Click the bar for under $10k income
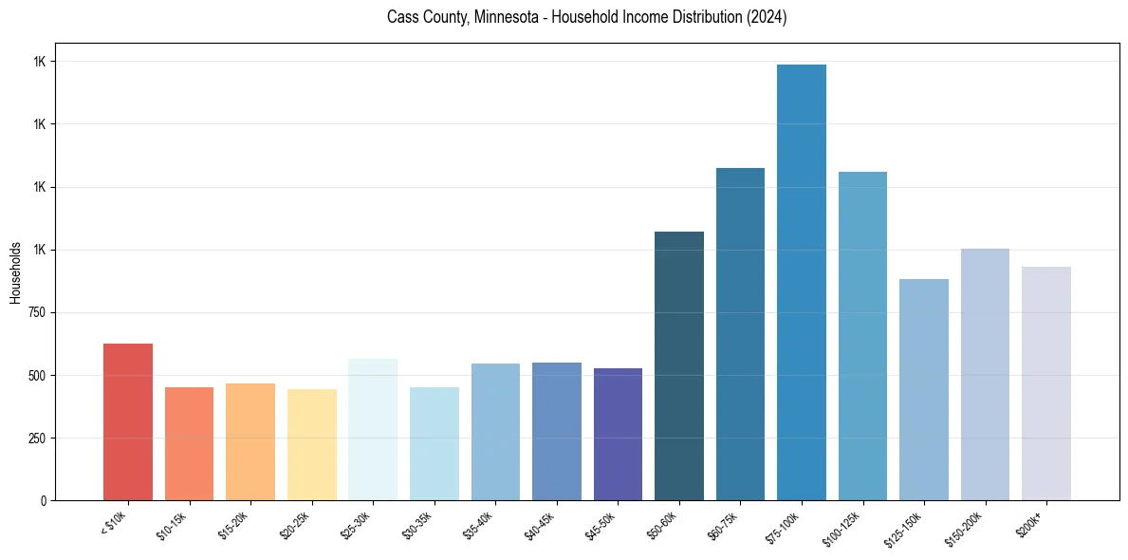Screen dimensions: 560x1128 [128, 422]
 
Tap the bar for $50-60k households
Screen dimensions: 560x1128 [679, 366]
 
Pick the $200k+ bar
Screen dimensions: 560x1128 [1046, 383]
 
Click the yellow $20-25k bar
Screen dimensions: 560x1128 [312, 445]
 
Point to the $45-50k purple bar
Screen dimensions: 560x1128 [618, 435]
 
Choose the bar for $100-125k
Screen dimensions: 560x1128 [862, 336]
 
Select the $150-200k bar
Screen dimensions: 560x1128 [985, 375]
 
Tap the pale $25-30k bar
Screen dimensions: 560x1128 [373, 430]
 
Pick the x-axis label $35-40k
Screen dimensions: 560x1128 [480, 525]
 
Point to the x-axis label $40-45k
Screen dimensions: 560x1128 [541, 525]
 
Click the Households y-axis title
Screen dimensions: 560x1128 [15, 272]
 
